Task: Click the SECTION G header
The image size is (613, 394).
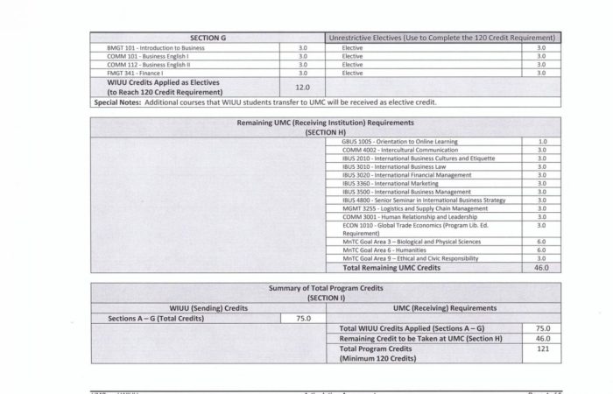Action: [x=208, y=38]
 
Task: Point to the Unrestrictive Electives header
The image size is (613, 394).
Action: [x=442, y=38]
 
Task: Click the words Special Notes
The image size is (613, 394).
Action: [x=118, y=102]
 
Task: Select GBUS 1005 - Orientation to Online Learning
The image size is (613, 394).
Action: [x=400, y=141]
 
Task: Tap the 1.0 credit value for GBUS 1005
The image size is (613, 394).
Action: [x=542, y=141]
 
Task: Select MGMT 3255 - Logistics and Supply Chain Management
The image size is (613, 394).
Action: [x=415, y=208]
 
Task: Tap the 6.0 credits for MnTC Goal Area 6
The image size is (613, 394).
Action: [x=542, y=250]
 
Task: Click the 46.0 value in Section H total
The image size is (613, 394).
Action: [x=542, y=267]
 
